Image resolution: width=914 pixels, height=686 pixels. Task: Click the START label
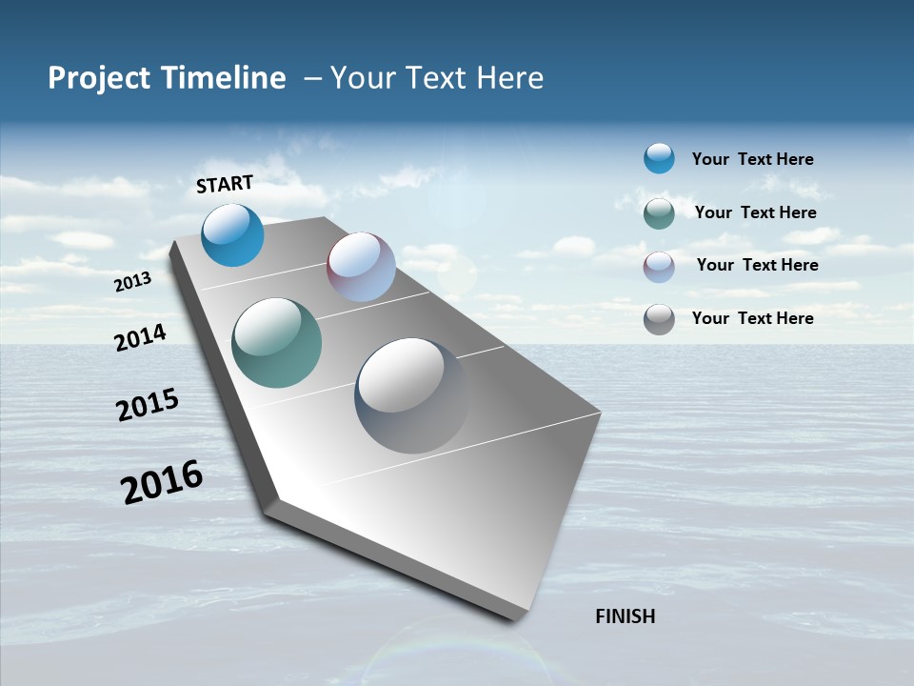(x=225, y=184)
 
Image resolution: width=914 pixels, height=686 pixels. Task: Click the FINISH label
(x=625, y=616)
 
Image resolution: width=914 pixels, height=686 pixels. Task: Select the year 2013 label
(x=132, y=282)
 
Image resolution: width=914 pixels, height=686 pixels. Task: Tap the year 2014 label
(x=140, y=337)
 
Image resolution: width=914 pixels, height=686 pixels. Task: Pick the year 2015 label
(x=148, y=405)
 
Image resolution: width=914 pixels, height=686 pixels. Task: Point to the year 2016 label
(x=162, y=481)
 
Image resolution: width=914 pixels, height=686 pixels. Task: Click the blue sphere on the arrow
(x=232, y=234)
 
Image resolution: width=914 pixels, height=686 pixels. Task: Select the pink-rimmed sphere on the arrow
(x=361, y=267)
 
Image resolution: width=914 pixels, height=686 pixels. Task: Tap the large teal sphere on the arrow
(x=276, y=343)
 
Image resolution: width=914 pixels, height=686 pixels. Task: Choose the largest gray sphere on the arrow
(x=411, y=394)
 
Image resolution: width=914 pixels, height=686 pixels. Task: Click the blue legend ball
(x=659, y=158)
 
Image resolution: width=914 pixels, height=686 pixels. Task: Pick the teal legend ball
(x=659, y=212)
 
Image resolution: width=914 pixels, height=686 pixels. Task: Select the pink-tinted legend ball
(x=659, y=266)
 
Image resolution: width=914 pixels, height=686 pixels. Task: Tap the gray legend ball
(x=659, y=318)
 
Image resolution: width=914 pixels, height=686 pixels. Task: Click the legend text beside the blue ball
(x=752, y=159)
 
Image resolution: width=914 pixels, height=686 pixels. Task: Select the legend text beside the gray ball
(x=752, y=318)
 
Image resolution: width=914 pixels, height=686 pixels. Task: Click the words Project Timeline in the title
(x=167, y=78)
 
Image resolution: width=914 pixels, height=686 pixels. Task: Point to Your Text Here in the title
(x=436, y=78)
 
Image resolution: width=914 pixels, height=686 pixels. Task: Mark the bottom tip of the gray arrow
(x=519, y=617)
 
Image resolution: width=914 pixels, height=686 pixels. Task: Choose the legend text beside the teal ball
(x=755, y=212)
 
